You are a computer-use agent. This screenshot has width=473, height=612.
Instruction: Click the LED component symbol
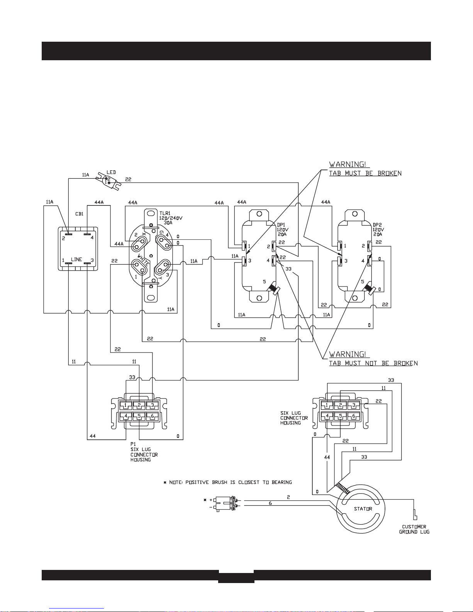108,181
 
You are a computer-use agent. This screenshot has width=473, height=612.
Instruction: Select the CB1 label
80,214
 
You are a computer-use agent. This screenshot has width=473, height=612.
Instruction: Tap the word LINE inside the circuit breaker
76,259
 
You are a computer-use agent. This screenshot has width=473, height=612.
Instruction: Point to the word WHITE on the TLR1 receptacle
143,260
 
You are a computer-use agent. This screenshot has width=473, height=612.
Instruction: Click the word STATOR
363,509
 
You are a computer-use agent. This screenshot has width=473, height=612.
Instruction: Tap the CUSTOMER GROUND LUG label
414,529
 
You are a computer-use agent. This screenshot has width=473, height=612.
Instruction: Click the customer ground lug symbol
415,515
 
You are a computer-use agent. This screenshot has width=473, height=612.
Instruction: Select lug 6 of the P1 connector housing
152,416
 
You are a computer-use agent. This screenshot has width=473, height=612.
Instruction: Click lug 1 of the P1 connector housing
125,405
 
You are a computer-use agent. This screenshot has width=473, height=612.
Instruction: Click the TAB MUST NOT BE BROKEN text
373,363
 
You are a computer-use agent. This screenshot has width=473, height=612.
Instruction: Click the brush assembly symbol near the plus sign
225,504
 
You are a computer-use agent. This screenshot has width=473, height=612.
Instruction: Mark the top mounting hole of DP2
355,214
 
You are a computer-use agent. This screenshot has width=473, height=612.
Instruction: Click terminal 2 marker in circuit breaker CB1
68,234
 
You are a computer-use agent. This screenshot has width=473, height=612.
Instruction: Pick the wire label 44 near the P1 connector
92,436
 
